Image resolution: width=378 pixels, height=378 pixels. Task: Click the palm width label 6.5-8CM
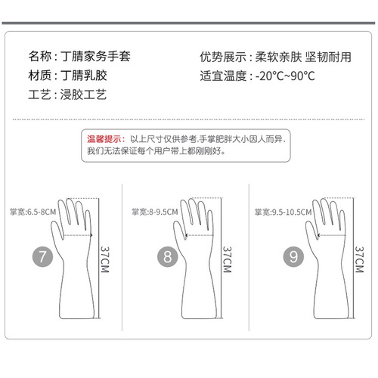point(33,212)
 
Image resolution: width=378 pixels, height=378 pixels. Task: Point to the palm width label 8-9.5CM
point(156,212)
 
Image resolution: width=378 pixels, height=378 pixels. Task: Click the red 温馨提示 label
point(104,139)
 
